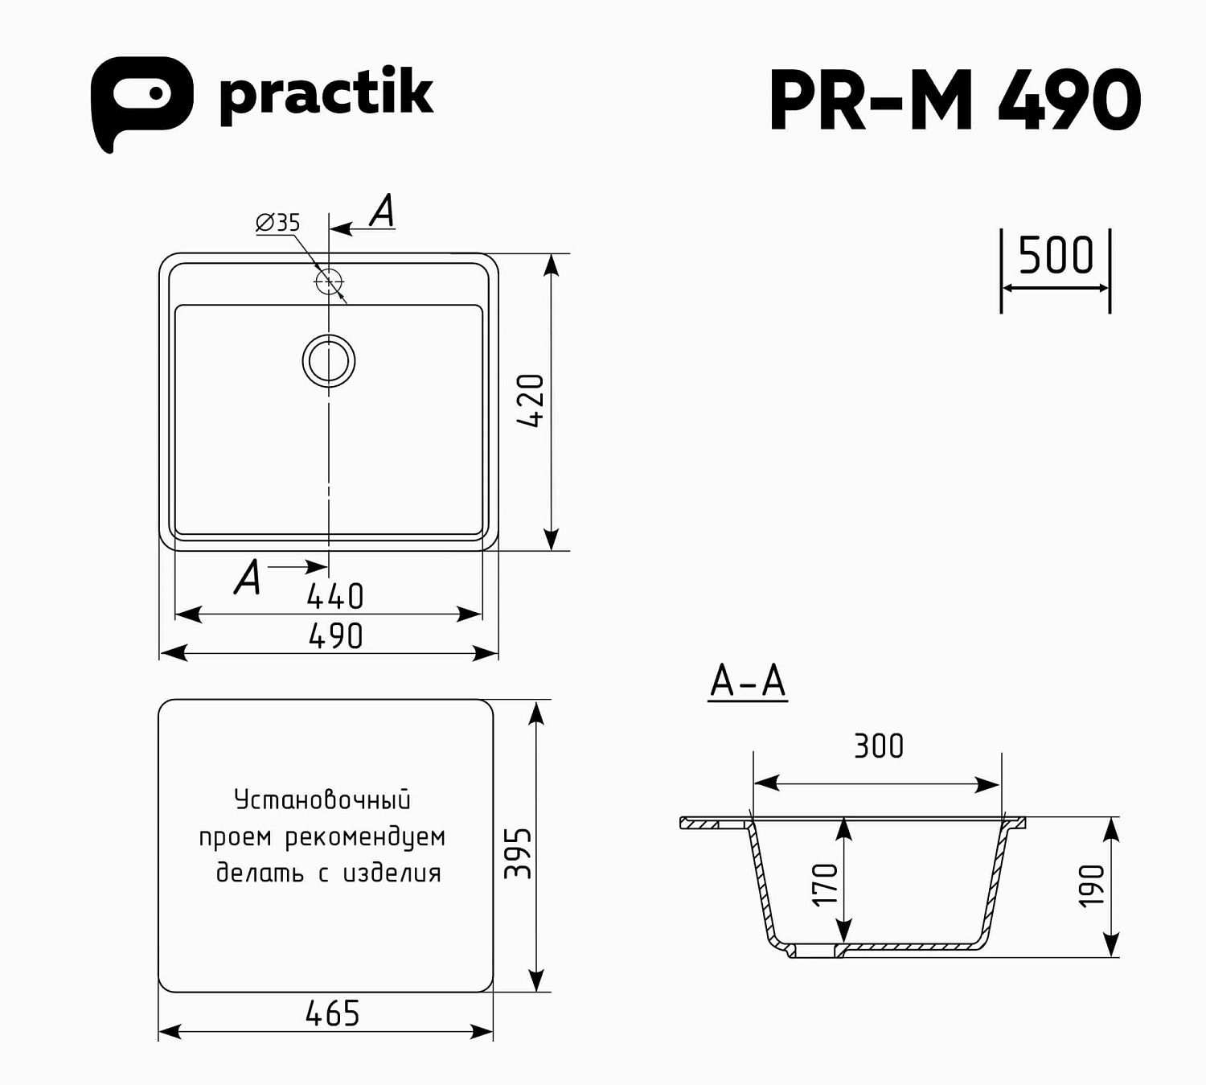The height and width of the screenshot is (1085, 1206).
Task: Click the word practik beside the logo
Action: pos(326,94)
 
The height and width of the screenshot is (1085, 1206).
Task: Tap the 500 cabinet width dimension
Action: pos(1056,256)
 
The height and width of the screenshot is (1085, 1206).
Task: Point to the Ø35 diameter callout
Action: pos(278,222)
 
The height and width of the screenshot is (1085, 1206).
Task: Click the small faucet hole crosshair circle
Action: pos(329,282)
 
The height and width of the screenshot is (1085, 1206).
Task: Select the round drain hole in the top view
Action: pos(329,360)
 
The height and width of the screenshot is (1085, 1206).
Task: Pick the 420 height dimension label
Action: pos(531,401)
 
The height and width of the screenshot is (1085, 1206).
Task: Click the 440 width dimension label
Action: pos(335,597)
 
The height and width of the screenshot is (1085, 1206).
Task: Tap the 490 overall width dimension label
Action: pos(336,636)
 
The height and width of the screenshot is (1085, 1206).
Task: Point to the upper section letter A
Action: pos(383,211)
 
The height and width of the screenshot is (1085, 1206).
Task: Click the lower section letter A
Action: pos(248,577)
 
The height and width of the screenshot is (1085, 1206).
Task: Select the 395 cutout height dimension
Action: pos(518,853)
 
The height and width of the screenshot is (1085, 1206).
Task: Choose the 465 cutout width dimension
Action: pos(333,1013)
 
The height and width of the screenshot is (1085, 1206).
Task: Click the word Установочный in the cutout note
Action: pos(322,799)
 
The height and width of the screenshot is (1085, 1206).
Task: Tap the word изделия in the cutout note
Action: pos(392,873)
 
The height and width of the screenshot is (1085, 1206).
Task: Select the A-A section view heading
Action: pos(748,681)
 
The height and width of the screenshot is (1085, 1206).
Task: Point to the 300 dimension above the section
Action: pos(879,746)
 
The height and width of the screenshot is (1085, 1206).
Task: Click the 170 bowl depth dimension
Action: pos(825,884)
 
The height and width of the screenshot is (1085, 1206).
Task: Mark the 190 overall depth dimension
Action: pos(1092,886)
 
